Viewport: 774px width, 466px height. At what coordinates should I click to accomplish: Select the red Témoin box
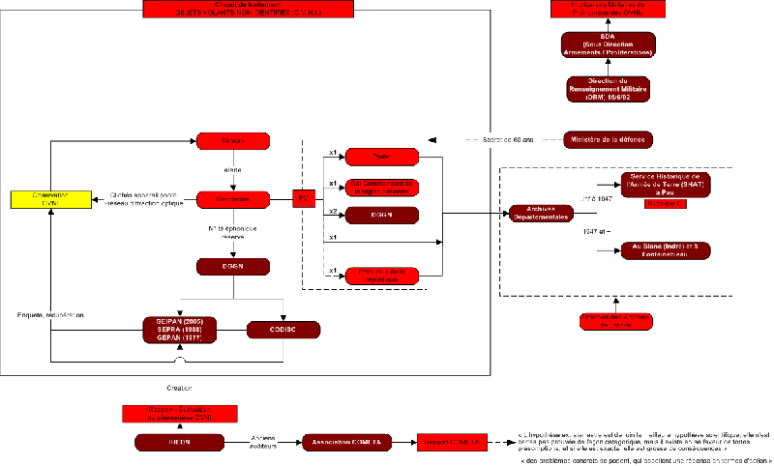click(232, 141)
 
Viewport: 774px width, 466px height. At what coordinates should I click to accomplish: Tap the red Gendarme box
click(232, 199)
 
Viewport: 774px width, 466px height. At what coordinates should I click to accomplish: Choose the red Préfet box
click(382, 157)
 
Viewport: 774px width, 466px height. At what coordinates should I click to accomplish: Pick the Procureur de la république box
click(382, 275)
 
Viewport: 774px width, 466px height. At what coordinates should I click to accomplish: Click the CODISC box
click(283, 330)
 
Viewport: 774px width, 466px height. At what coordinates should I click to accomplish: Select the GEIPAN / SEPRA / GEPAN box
click(179, 329)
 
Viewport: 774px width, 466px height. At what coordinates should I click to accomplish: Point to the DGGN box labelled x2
click(382, 215)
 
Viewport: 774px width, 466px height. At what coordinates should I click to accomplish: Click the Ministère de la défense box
click(609, 140)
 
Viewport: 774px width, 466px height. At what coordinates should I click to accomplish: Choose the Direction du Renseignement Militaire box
click(608, 88)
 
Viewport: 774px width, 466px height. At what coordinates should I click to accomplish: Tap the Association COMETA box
click(346, 442)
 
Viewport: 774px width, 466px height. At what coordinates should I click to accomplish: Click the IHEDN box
click(179, 442)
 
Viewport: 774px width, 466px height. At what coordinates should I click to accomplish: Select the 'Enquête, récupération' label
click(50, 314)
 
